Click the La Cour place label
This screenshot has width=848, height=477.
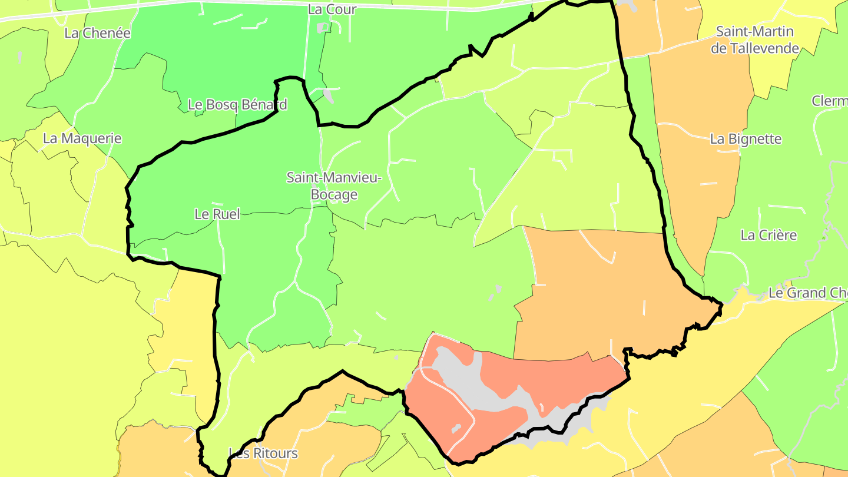(x=332, y=9)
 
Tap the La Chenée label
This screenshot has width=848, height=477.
(x=97, y=33)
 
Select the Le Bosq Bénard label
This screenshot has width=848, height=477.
(x=237, y=105)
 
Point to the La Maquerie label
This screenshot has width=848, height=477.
(x=82, y=139)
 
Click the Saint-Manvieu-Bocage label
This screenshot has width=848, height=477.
(x=334, y=185)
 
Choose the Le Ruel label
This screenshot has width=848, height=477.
(x=217, y=214)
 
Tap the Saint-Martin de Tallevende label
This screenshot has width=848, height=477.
(x=754, y=40)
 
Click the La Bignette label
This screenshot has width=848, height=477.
(x=746, y=140)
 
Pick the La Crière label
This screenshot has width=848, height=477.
(x=768, y=236)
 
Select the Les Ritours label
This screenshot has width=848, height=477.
(x=263, y=453)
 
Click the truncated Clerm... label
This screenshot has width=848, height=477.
(x=830, y=101)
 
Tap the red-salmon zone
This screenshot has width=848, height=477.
(x=559, y=377)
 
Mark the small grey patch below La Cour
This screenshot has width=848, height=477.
(x=322, y=27)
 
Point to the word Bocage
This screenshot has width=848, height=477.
(x=334, y=194)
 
